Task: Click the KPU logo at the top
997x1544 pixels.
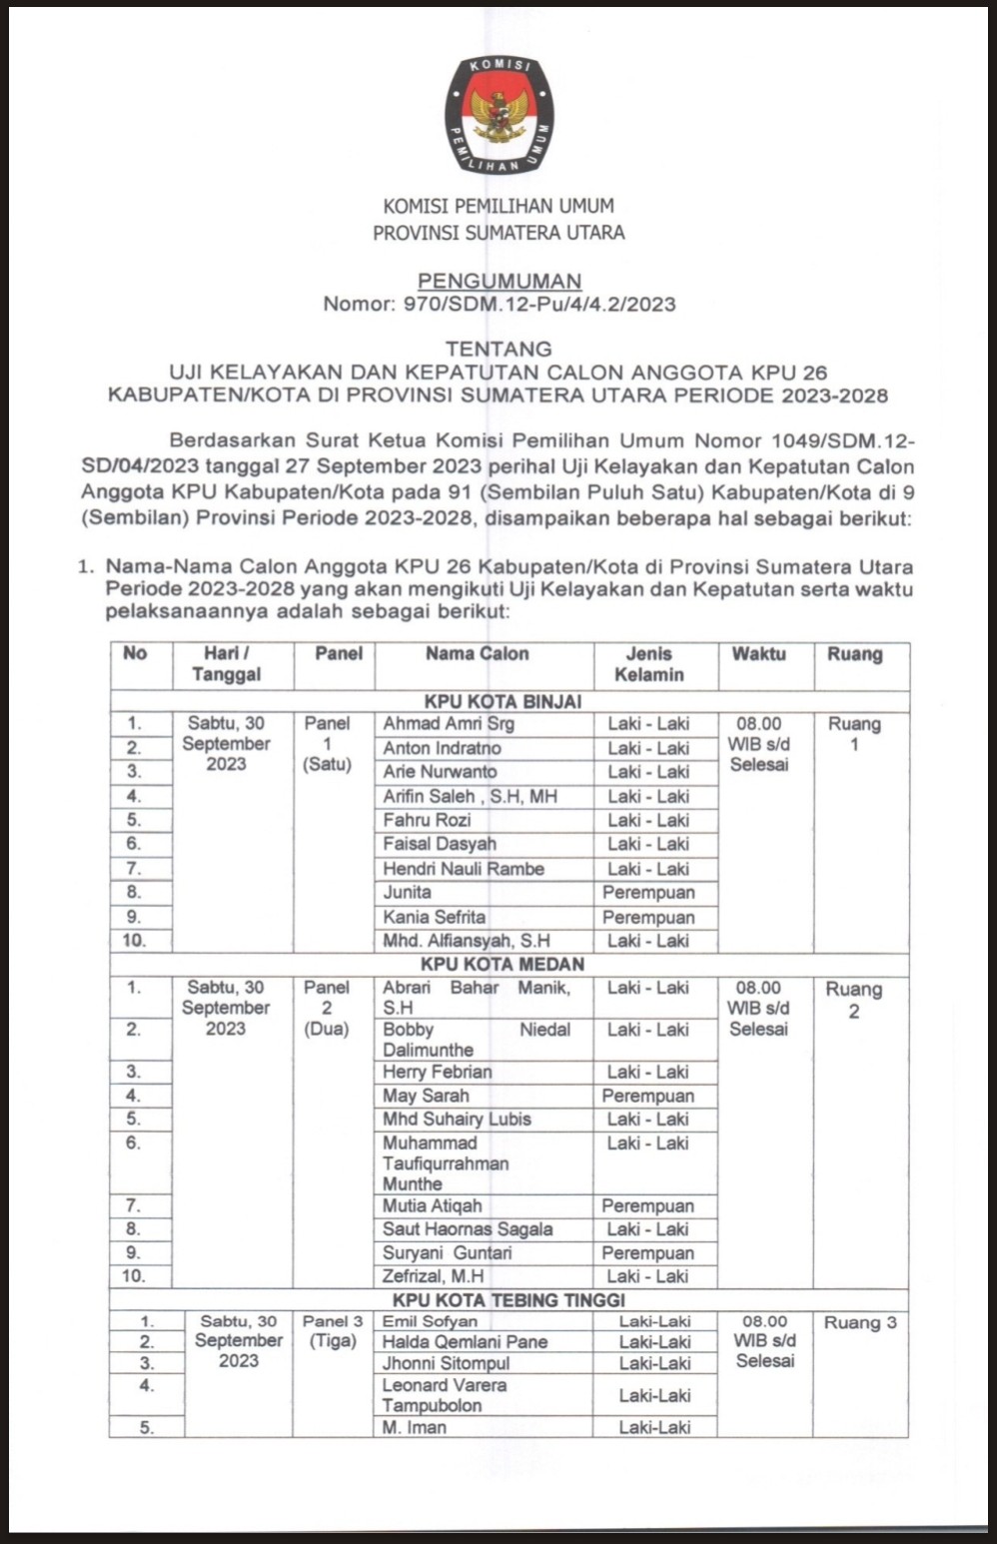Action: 498,115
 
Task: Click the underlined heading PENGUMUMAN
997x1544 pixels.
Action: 498,282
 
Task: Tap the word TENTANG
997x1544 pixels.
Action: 498,349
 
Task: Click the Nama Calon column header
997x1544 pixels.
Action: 477,654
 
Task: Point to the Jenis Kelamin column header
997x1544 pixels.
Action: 648,664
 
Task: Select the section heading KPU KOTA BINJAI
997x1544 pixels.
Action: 502,701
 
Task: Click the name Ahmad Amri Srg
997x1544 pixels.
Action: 449,724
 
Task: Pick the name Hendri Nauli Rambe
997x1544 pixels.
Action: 464,869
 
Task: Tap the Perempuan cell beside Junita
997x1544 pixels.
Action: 648,893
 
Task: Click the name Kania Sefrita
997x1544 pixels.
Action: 435,917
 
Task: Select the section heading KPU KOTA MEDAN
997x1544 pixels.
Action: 502,965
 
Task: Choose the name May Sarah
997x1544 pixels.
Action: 426,1096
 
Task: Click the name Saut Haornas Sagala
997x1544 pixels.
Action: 468,1229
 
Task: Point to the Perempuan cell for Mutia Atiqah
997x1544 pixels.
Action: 648,1205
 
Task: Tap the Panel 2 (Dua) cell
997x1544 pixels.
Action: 327,1008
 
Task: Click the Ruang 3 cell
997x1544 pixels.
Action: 860,1322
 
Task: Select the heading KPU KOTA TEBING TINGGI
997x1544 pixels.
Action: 508,1300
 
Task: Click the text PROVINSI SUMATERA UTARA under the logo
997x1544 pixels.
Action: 498,233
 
